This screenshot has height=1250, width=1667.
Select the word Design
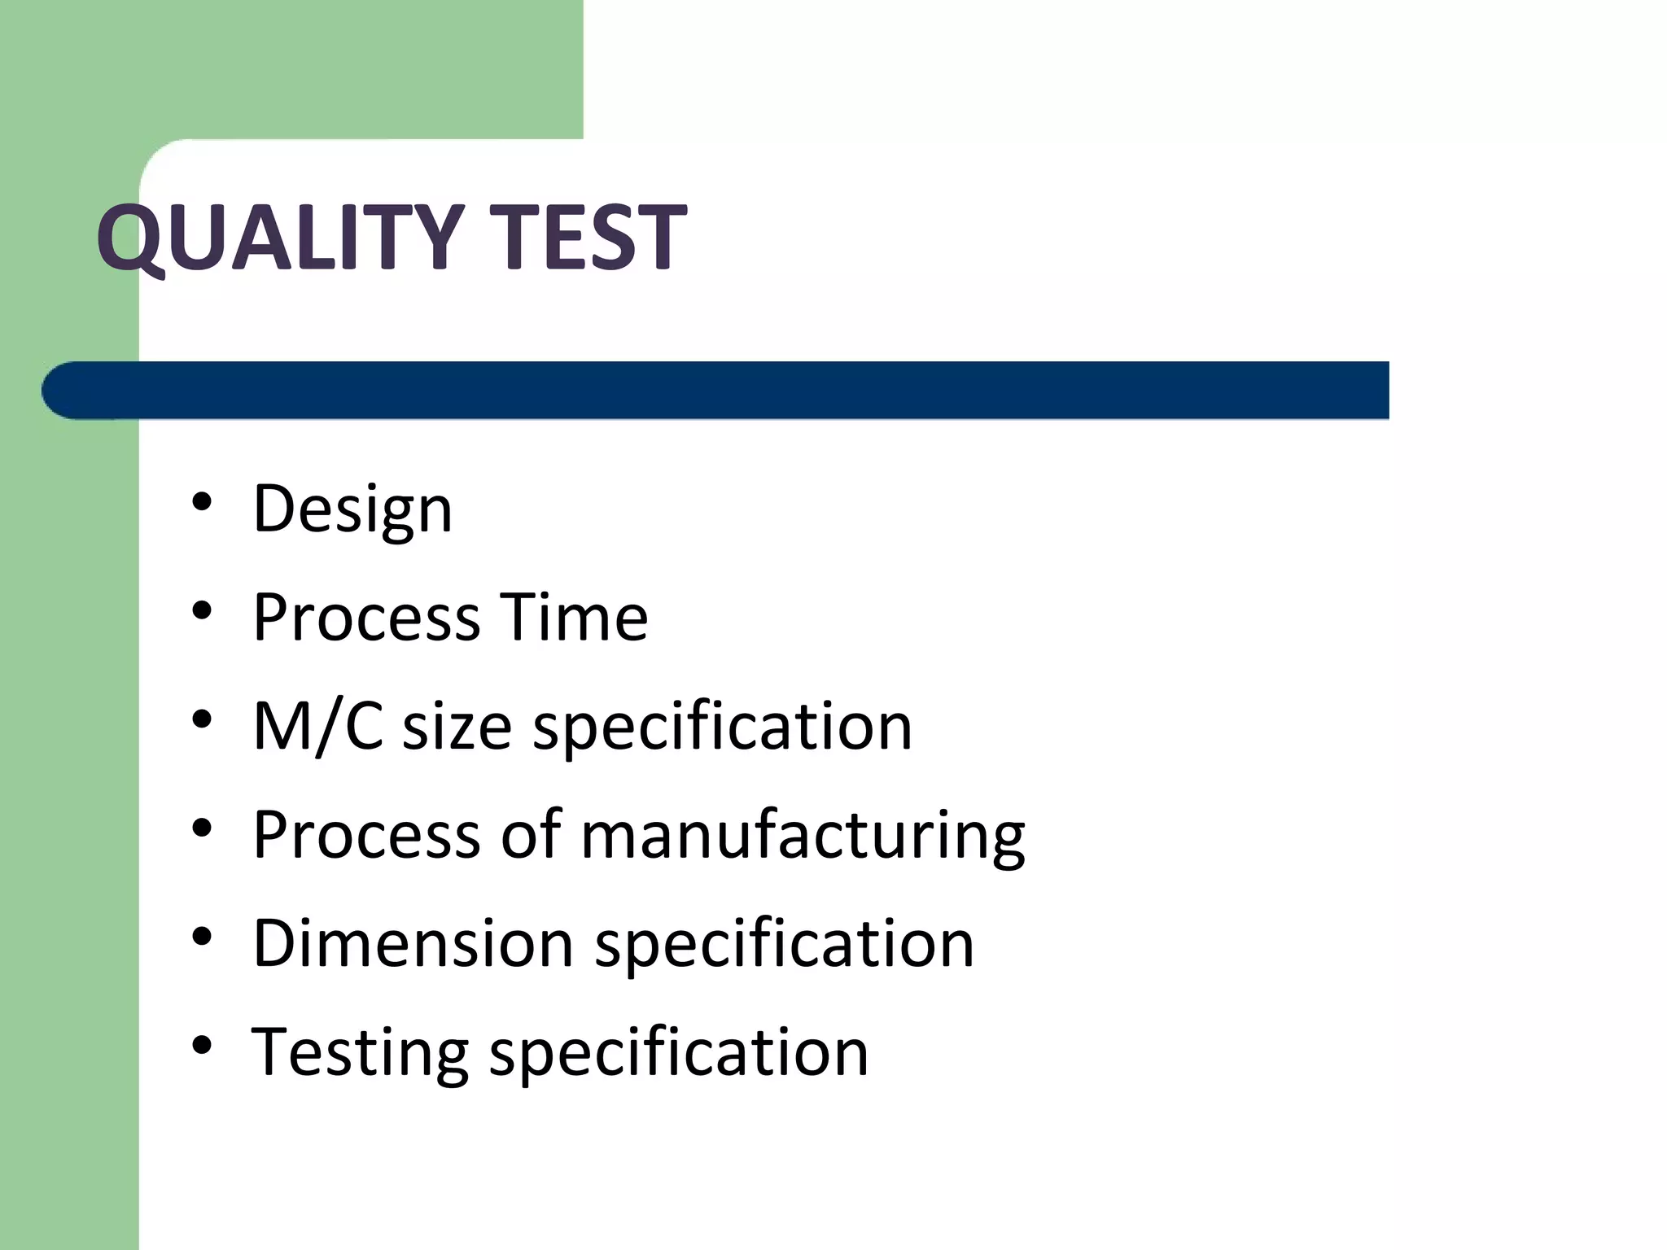(352, 510)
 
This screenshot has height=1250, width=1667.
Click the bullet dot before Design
(202, 501)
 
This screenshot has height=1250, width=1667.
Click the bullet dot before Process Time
(202, 610)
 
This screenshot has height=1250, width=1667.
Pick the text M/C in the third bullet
(317, 726)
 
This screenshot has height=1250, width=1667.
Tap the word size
(457, 727)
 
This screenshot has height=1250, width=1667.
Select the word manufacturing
(802, 836)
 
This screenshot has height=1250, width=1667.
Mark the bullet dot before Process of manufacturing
(202, 828)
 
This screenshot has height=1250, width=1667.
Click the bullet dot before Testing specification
(202, 1045)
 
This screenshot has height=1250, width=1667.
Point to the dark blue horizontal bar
(733, 391)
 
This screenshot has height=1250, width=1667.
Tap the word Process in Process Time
(366, 618)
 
